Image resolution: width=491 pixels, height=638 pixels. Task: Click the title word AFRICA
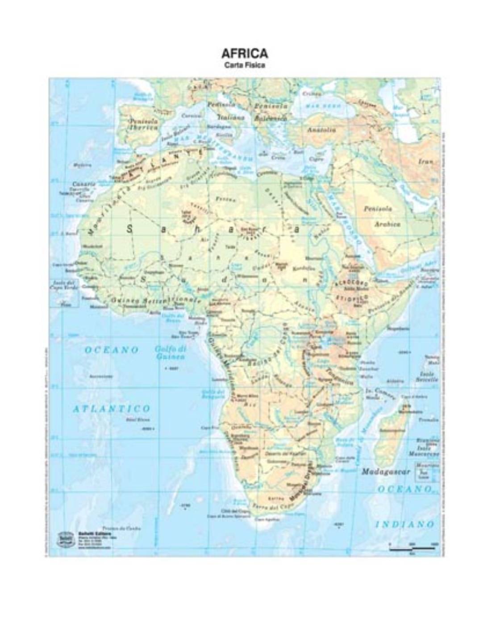245,54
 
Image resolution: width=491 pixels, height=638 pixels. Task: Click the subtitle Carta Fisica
245,65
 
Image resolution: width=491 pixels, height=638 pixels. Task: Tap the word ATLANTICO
112,408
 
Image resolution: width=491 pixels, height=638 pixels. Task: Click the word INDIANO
405,523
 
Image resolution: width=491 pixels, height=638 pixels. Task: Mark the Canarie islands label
83,184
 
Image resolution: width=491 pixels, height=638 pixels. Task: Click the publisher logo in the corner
65,538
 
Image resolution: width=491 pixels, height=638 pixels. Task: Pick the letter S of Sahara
130,230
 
